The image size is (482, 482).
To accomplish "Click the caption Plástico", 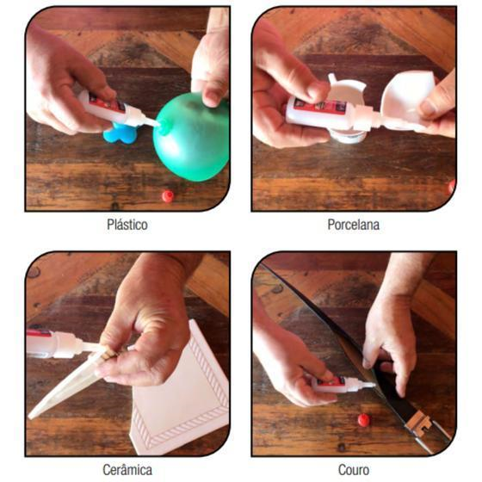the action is click(127, 225).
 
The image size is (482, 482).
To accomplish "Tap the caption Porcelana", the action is click(353, 225).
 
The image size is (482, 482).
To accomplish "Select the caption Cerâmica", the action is click(127, 470).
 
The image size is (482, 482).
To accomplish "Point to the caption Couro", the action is click(354, 470).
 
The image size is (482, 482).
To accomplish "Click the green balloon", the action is click(191, 137).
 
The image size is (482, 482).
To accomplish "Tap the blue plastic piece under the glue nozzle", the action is click(119, 133).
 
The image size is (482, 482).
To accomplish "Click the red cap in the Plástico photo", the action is click(168, 196).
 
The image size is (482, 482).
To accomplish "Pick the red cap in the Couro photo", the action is click(363, 420).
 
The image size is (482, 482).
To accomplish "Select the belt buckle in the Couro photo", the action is click(418, 423).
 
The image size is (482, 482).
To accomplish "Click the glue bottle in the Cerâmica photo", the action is click(61, 343).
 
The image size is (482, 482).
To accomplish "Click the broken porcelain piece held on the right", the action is click(405, 98).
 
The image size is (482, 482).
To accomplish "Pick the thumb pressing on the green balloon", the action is click(212, 96).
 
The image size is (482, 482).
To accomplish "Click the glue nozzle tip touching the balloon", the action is click(158, 124).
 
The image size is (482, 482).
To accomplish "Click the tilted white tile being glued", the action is click(65, 387).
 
